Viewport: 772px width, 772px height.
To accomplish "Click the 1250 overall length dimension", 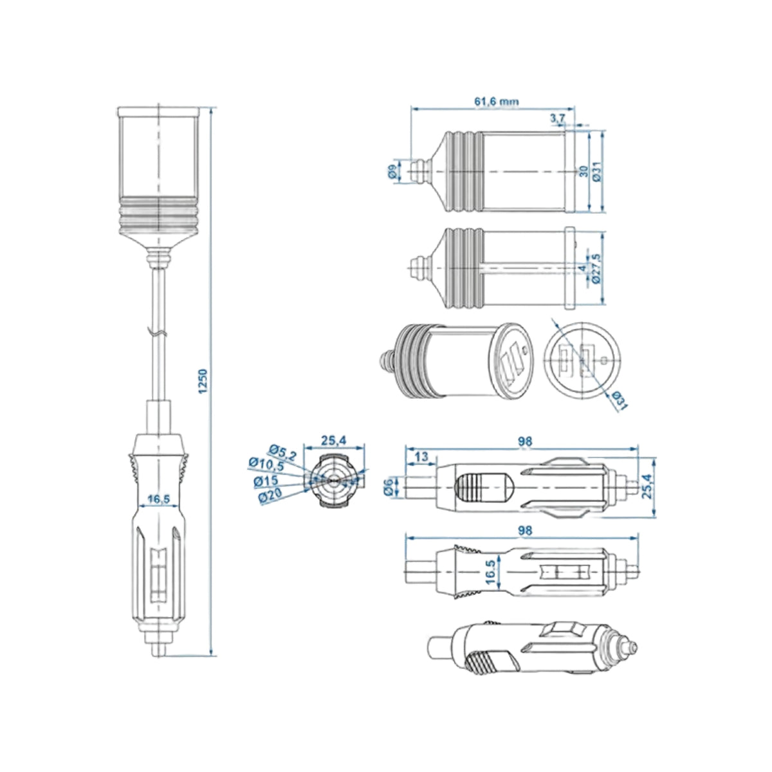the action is pos(203,381).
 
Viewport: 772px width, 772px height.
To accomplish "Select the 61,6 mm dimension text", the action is pos(497,102).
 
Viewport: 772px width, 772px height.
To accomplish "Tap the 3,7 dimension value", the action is pos(557,118).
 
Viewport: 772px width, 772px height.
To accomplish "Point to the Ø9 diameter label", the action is pos(393,171).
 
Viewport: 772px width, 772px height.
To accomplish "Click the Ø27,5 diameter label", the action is pos(596,268).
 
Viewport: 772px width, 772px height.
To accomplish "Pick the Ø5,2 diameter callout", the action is pos(283,452).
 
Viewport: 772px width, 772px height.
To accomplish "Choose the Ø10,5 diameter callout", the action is pos(266,464).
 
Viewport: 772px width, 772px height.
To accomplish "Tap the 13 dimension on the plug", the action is pos(421,456).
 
